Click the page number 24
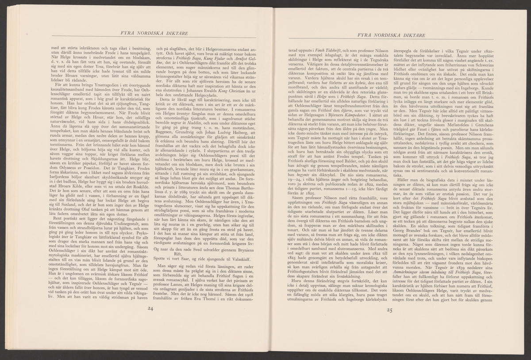(x=150, y=309)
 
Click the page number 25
(x=389, y=310)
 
